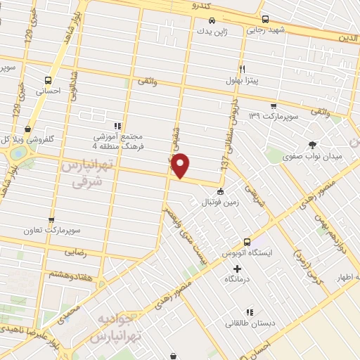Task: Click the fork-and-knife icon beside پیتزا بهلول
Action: coord(242,70)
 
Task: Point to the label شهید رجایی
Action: coord(264,31)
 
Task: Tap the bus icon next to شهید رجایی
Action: coord(265,19)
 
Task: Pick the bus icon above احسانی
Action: coord(48,79)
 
